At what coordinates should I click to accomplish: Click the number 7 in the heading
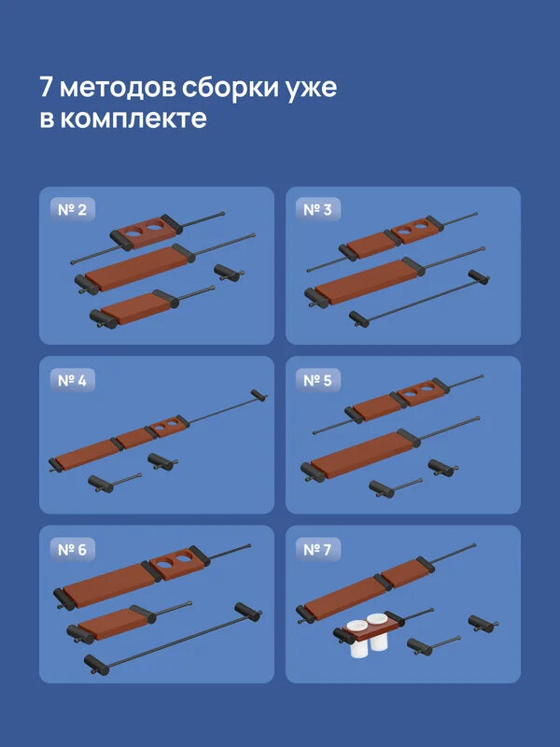coord(47,88)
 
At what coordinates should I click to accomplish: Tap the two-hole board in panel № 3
coord(413,231)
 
